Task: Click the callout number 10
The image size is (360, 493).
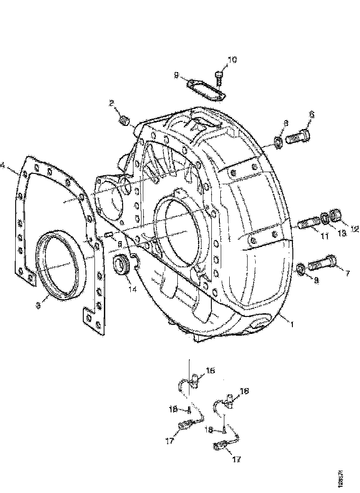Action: tap(233, 60)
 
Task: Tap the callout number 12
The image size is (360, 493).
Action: tap(355, 229)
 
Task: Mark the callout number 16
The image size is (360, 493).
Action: tap(244, 391)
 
